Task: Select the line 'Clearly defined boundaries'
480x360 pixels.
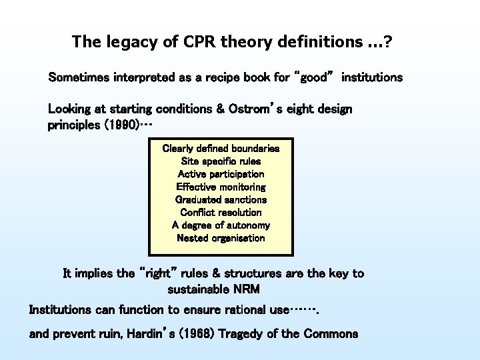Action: [x=221, y=149]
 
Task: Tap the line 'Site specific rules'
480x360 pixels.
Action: [x=221, y=161]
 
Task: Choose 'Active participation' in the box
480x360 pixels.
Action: [x=221, y=174]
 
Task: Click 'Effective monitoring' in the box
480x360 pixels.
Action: [x=221, y=187]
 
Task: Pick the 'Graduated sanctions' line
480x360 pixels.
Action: [x=221, y=199]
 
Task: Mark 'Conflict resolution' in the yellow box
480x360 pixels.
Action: [x=221, y=212]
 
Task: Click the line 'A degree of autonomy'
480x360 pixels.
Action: [x=221, y=225]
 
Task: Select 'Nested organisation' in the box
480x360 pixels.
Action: [x=221, y=238]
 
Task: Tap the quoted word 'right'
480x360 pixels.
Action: [x=157, y=273]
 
